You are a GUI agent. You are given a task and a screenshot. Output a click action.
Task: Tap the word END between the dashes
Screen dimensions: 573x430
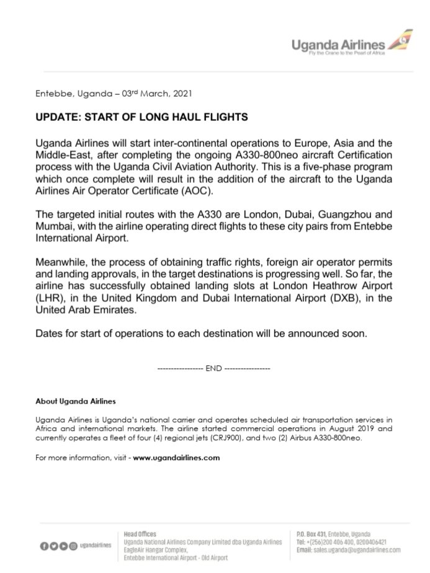[214, 368]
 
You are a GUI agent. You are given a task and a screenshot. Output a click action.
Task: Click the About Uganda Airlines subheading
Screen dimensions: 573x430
[76, 401]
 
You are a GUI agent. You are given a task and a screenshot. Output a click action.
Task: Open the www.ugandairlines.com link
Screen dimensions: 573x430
[177, 458]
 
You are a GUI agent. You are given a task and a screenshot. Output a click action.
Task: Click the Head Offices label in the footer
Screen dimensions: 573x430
[140, 533]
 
